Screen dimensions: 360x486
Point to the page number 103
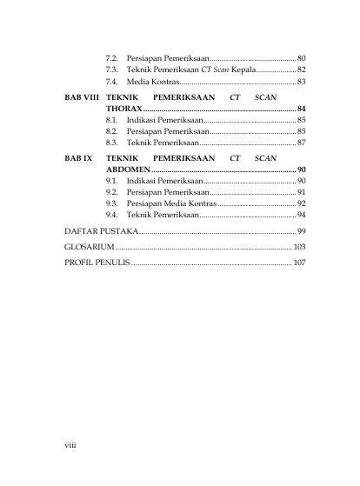tap(299, 247)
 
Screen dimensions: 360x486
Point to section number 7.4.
tap(111, 80)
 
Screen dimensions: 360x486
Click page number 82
tap(301, 69)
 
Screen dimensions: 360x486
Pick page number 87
tap(301, 141)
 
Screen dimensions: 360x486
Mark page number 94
tap(301, 213)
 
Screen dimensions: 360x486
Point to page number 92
tap(301, 202)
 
